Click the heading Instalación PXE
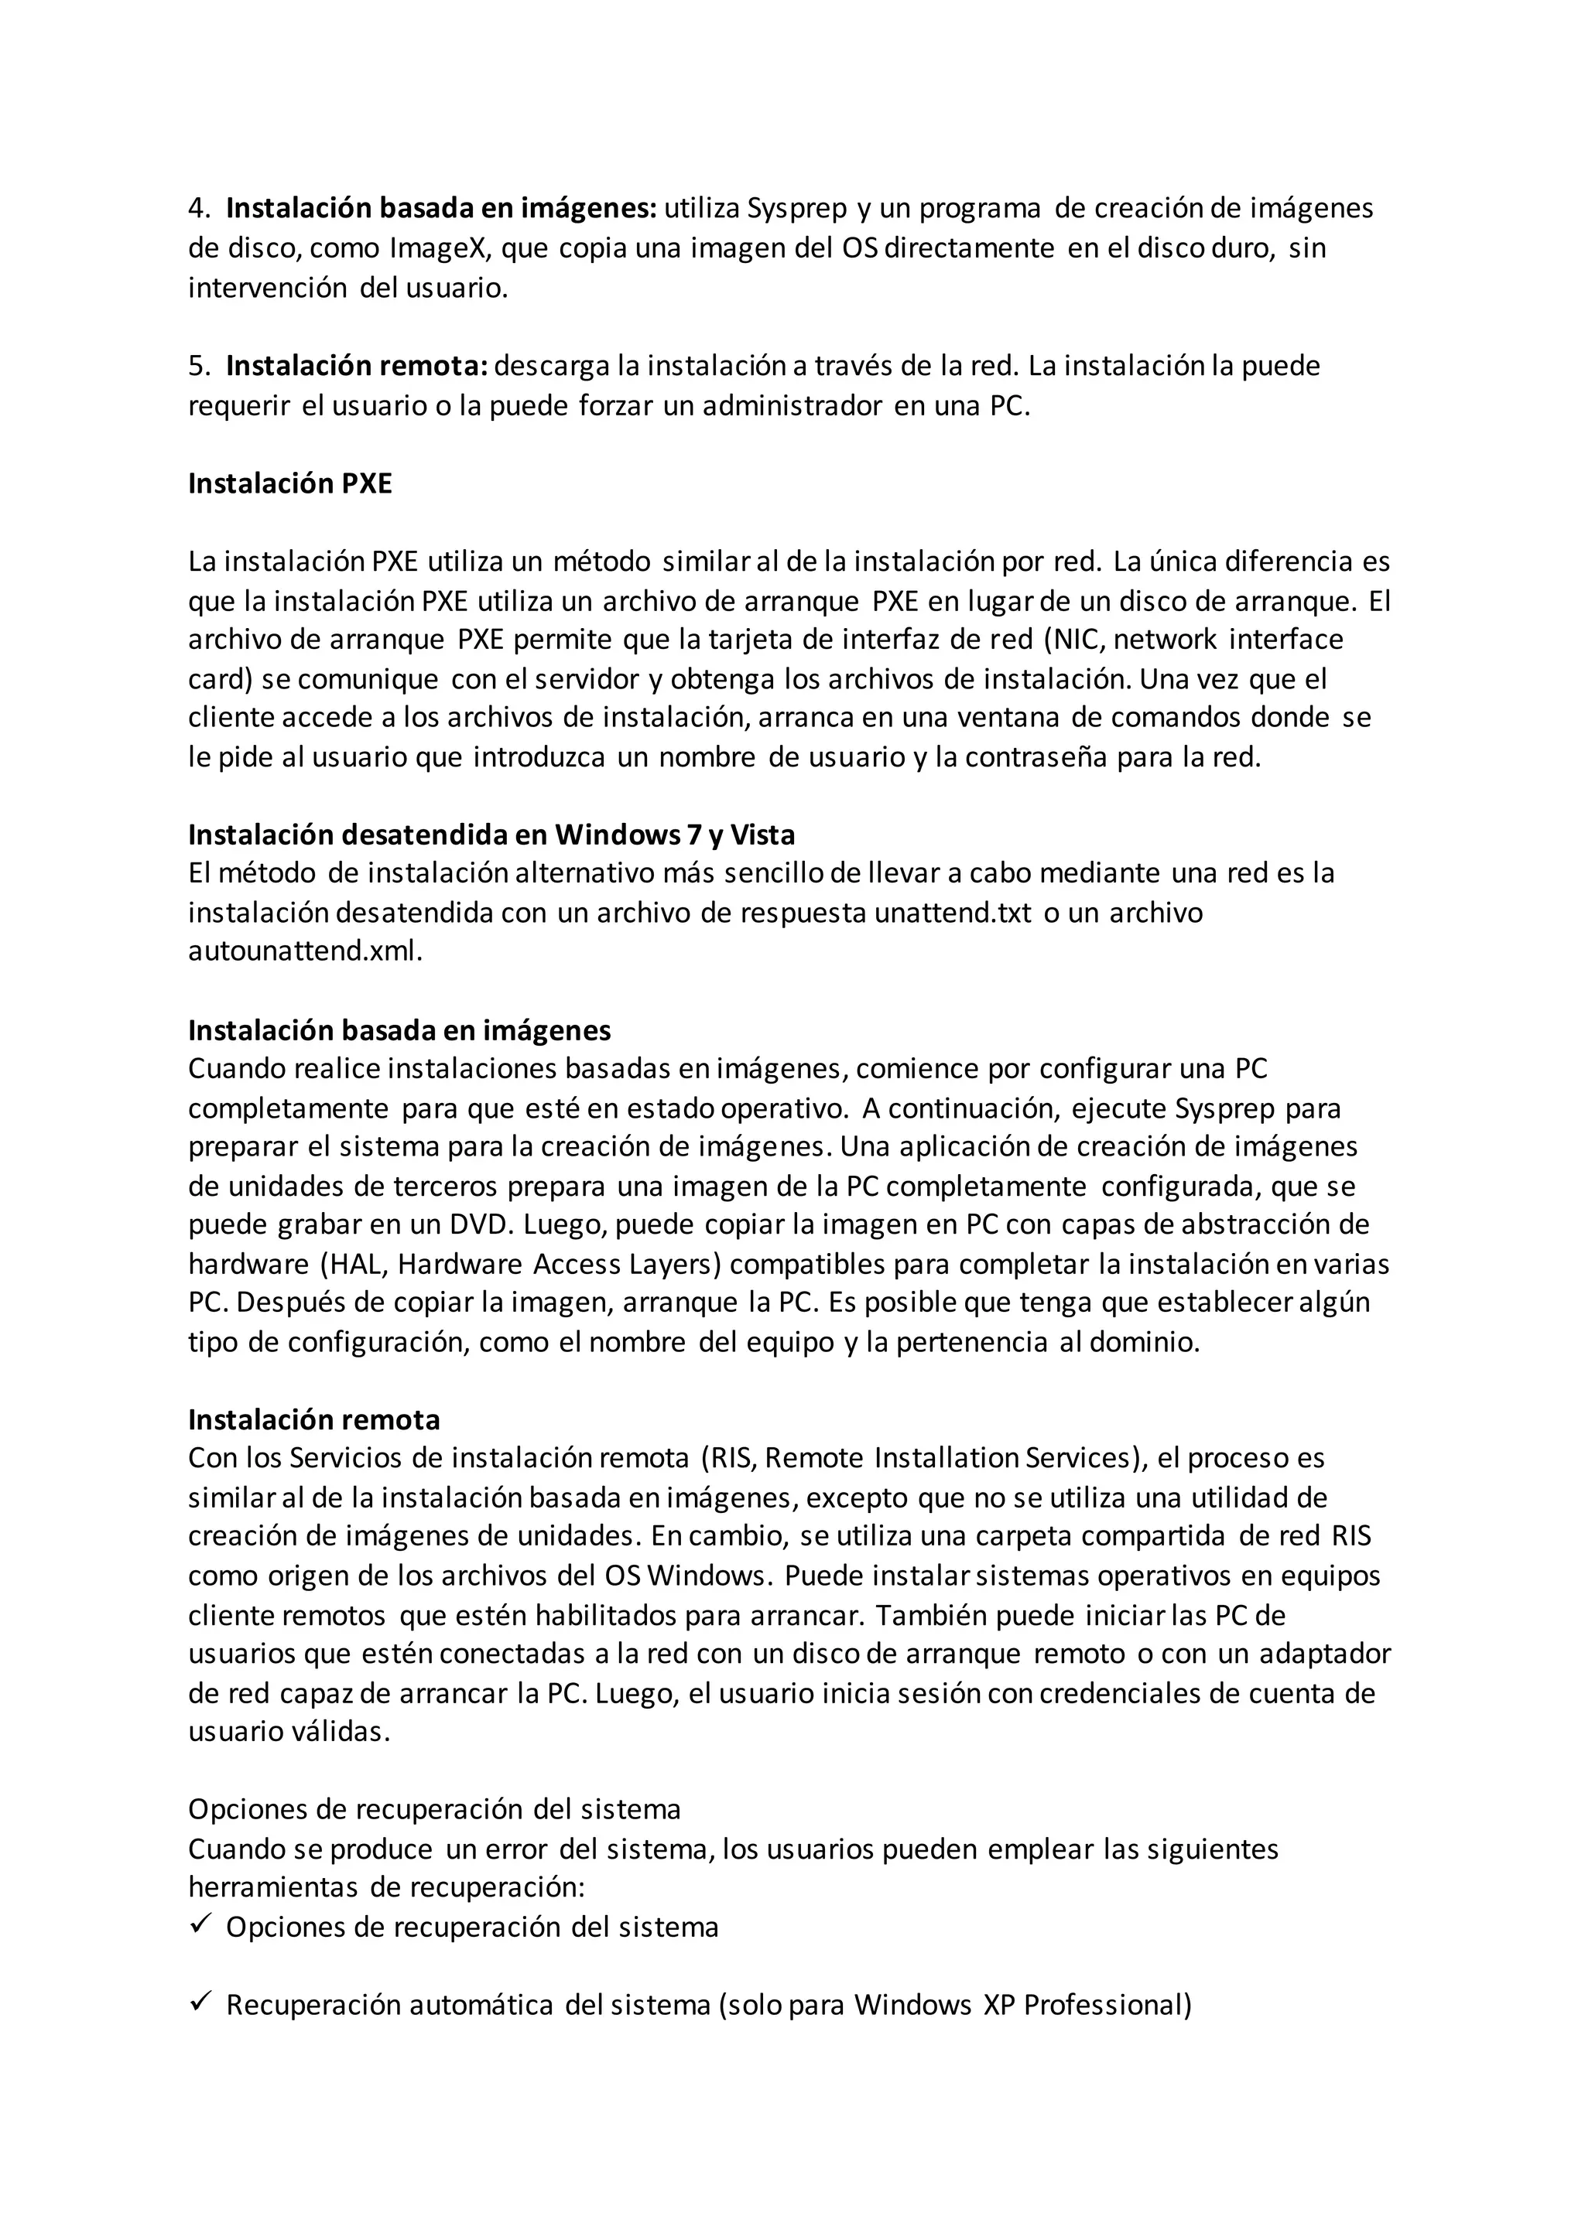290,484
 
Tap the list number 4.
197,209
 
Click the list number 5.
197,367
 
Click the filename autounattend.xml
303,952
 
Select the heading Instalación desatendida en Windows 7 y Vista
491,835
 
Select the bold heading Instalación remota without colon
313,1419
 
